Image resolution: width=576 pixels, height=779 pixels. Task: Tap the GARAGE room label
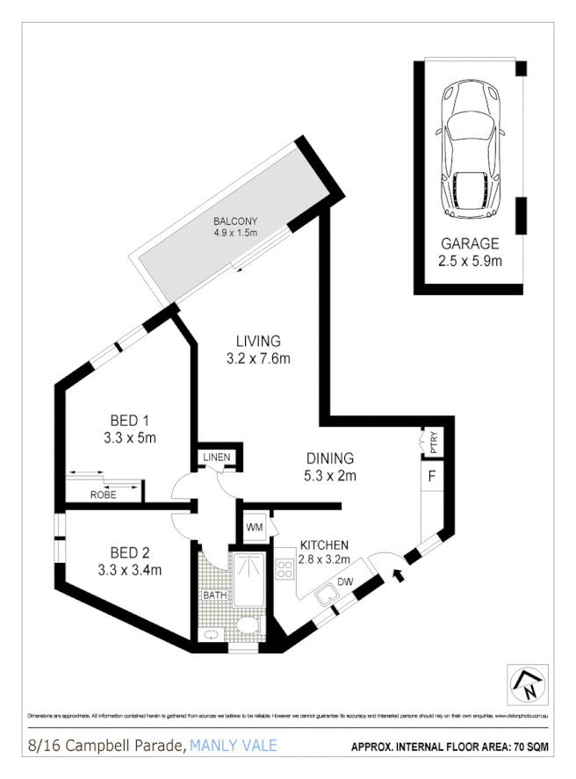coord(470,244)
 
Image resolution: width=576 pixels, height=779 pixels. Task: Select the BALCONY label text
coord(234,220)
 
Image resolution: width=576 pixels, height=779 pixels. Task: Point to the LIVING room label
coord(258,341)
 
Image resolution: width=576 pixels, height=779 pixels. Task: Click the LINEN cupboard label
coord(217,458)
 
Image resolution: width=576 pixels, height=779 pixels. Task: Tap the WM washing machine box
coord(255,527)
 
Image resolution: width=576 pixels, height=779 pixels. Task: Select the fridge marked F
coord(431,478)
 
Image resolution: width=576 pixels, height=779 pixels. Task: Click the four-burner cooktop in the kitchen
coord(285,568)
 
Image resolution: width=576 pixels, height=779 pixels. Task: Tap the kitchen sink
coord(328,593)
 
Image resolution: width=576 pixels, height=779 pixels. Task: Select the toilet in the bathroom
coord(248,626)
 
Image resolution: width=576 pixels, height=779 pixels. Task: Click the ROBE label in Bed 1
coord(103,494)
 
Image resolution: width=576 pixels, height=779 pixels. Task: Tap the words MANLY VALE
coord(233,747)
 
